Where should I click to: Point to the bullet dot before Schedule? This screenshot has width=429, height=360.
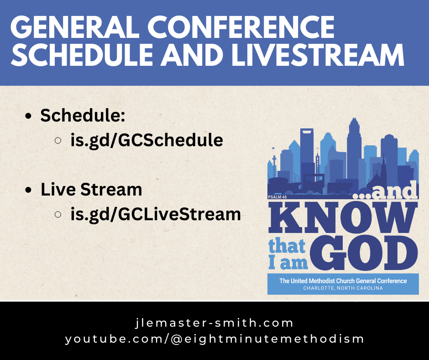[29, 117]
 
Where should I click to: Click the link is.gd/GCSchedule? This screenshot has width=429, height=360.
[146, 140]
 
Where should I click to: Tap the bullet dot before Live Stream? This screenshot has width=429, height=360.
[29, 190]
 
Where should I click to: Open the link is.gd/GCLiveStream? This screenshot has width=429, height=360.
[156, 213]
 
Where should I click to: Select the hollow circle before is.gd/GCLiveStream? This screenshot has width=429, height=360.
[58, 214]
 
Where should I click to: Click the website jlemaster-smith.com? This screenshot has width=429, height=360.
[214, 323]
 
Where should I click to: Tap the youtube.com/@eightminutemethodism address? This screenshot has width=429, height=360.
[214, 339]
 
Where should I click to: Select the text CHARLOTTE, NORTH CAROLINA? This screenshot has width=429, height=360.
[343, 288]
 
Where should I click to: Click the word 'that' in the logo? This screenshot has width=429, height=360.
[287, 247]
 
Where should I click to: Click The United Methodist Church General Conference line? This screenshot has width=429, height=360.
[343, 281]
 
